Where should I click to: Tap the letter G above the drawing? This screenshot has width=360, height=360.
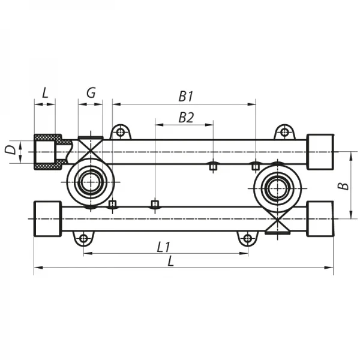[91, 92]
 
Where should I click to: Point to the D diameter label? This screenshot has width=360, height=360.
[10, 150]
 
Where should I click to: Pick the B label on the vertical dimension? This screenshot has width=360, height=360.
[343, 185]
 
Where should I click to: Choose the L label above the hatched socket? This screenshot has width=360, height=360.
[45, 92]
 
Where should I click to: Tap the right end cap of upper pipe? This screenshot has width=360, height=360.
[320, 151]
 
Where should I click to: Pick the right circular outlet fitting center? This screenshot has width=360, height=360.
[277, 188]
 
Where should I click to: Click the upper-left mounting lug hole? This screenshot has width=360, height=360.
[121, 131]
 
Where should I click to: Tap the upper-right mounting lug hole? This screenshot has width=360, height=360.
[284, 131]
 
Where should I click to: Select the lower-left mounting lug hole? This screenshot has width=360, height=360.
[83, 239]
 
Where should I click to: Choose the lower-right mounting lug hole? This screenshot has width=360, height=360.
[247, 239]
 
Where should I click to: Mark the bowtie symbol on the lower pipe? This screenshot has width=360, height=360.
[277, 223]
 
